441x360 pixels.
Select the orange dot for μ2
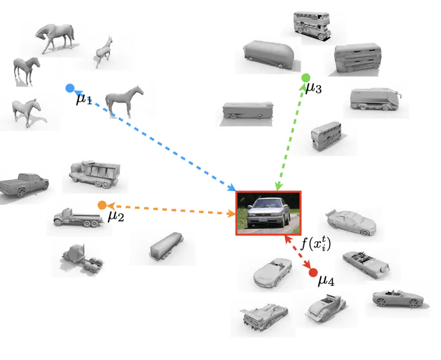coord(102,205)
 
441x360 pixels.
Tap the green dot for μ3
coord(305,78)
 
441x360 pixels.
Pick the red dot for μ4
coord(313,272)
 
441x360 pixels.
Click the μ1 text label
coord(84,99)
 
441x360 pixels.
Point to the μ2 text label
coord(116,216)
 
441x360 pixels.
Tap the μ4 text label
coord(326,282)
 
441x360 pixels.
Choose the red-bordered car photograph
coord(268,213)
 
